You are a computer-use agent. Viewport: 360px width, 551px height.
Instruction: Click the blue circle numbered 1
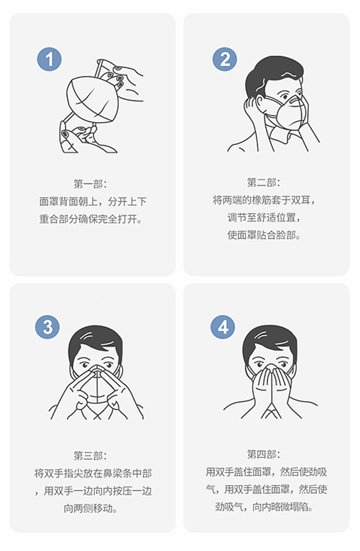(49, 59)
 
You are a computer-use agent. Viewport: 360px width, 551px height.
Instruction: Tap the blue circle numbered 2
(225, 59)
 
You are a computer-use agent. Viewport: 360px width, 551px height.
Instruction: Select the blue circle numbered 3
(47, 327)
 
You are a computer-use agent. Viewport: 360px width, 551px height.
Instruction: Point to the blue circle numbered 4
(223, 327)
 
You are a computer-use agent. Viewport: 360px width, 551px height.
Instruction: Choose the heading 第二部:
(263, 183)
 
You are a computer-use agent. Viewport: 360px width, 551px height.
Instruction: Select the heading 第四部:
(263, 454)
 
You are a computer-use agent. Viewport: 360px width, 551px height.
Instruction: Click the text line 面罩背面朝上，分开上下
(93, 201)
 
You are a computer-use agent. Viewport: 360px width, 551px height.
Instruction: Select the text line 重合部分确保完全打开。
(93, 219)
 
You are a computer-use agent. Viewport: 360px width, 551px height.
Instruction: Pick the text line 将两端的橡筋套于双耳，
(264, 200)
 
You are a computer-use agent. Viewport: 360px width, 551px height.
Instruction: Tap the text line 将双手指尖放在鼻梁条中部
(93, 473)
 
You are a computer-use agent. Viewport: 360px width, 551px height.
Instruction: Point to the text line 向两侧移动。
(91, 508)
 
